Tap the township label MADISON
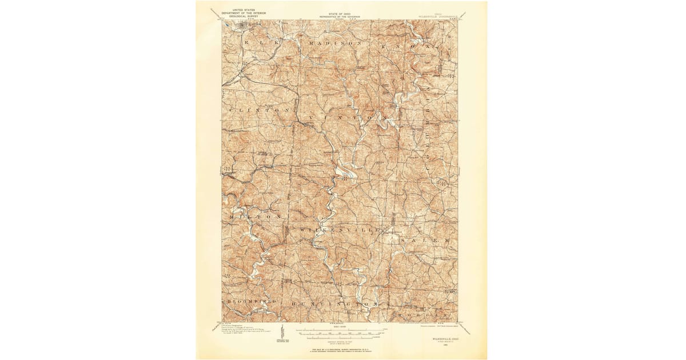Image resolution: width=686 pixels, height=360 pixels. pos(335,43)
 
